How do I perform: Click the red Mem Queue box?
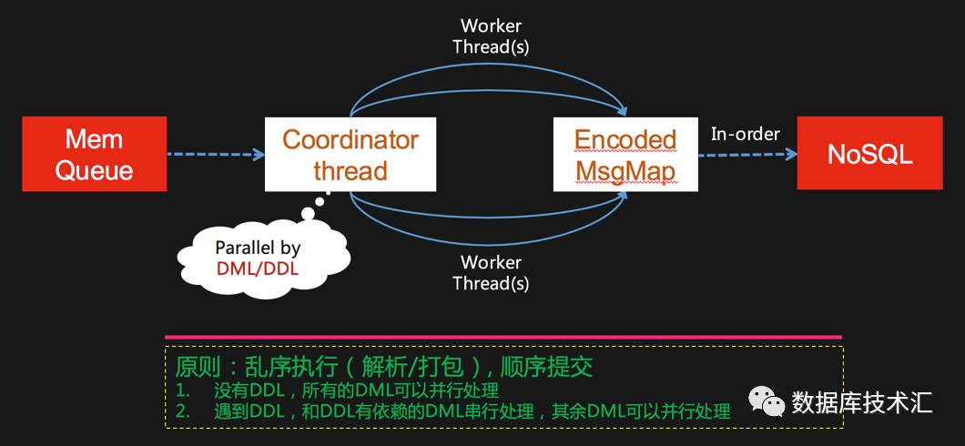pyautogui.click(x=95, y=154)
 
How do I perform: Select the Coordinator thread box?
pyautogui.click(x=350, y=154)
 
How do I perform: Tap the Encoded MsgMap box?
pyautogui.click(x=625, y=154)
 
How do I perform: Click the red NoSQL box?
pyautogui.click(x=869, y=154)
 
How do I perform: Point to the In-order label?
pyautogui.click(x=745, y=134)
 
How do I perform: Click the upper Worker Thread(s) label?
pyautogui.click(x=491, y=35)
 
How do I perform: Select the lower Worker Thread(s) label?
pyautogui.click(x=491, y=272)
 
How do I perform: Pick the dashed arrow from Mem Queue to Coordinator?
pyautogui.click(x=215, y=154)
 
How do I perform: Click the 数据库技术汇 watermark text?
pyautogui.click(x=861, y=401)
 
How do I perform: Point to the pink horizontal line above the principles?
pyautogui.click(x=503, y=337)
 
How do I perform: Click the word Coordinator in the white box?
pyautogui.click(x=350, y=139)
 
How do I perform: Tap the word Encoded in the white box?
pyautogui.click(x=625, y=139)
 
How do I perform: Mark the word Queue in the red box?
pyautogui.click(x=95, y=170)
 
